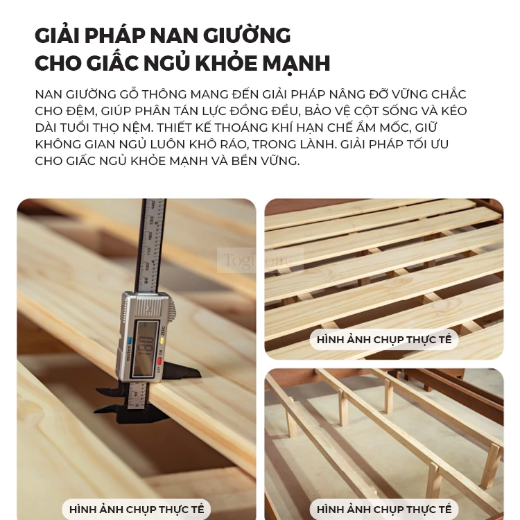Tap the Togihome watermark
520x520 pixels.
[260, 261]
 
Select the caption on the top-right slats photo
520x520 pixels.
[384, 340]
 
